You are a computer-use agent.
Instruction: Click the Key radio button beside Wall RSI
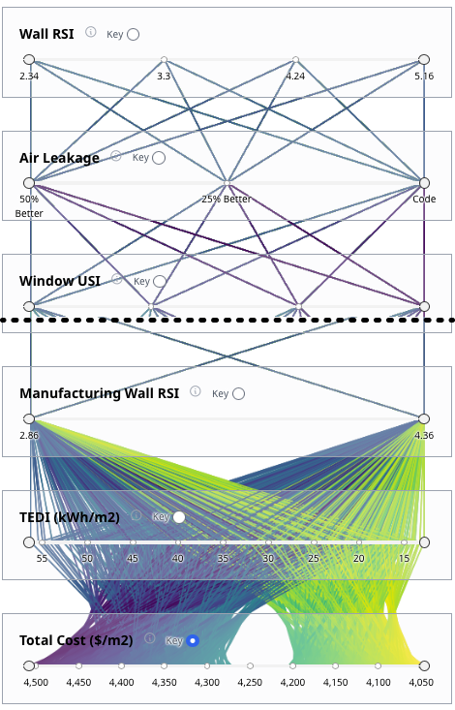click(133, 35)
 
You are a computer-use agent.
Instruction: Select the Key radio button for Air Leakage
click(159, 158)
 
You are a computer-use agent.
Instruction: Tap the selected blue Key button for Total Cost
click(193, 640)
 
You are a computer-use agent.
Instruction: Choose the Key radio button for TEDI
click(179, 517)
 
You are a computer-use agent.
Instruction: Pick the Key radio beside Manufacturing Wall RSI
click(238, 394)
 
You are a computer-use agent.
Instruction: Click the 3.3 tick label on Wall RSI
click(164, 77)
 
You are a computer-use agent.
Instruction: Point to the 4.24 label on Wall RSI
click(295, 77)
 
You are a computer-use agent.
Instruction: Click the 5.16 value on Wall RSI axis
click(424, 77)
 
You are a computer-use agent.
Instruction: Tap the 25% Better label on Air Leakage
click(227, 200)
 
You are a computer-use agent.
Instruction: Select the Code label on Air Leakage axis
click(424, 200)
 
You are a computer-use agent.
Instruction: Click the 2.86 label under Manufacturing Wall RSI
click(29, 436)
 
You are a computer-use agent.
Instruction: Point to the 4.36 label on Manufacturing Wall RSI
click(424, 436)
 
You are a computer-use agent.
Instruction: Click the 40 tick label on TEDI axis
click(177, 559)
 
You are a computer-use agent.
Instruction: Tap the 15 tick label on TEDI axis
click(404, 559)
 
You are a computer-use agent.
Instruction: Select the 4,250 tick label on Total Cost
click(250, 682)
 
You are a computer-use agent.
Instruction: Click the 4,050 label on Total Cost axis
click(421, 682)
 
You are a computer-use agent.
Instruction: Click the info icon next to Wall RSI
click(91, 32)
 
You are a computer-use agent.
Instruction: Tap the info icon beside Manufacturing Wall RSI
click(196, 391)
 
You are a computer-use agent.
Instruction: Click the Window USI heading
click(60, 281)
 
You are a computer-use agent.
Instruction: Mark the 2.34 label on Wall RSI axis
click(29, 77)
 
